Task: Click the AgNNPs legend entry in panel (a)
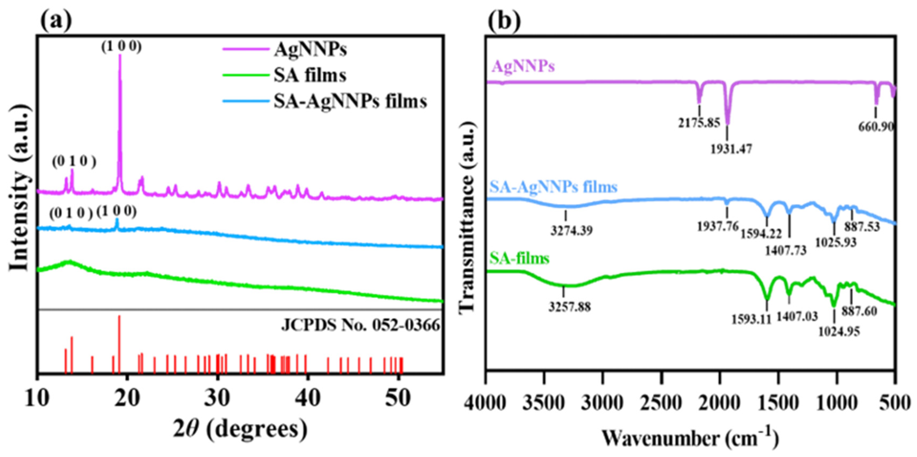[310, 49]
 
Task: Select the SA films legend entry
[310, 75]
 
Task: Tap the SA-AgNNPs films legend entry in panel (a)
[350, 101]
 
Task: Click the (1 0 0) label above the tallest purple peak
[121, 46]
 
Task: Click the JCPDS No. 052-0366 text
[360, 325]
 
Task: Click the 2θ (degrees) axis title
[240, 429]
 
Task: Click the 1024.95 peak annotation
[839, 332]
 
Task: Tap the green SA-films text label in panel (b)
[519, 258]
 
